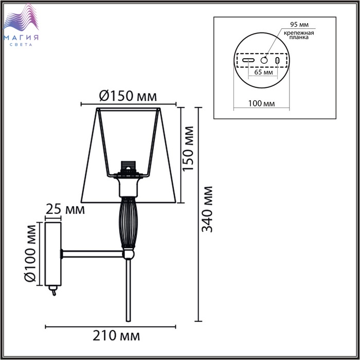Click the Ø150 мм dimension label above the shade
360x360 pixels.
[128, 96]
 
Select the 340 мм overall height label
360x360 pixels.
[207, 209]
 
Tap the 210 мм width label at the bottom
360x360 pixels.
[116, 336]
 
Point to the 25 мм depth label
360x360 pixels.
[65, 209]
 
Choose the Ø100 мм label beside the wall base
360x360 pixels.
[30, 253]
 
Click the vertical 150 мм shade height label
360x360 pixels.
[188, 149]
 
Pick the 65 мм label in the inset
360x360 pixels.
[263, 72]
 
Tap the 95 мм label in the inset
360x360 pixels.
[299, 24]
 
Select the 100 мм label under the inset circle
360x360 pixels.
[261, 103]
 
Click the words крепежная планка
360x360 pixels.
[299, 35]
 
